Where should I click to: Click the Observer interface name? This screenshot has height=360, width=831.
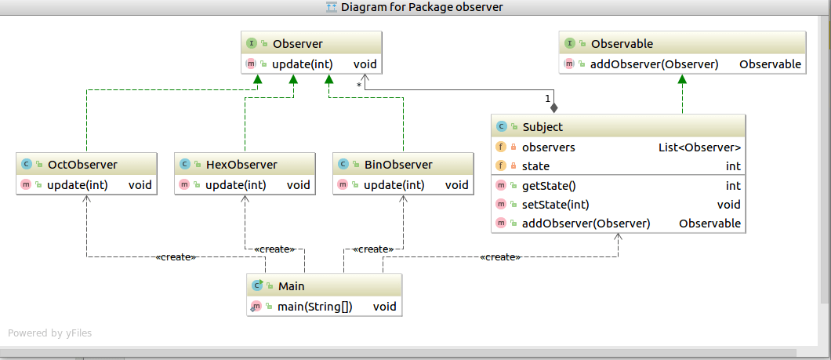pos(297,44)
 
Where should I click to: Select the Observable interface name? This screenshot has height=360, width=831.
pos(622,44)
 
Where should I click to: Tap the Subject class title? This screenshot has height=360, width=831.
pos(543,127)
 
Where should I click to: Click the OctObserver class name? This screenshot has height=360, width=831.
pos(82,165)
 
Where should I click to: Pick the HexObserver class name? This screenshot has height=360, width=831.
pos(241,165)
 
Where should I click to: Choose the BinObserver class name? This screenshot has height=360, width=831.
pos(398,165)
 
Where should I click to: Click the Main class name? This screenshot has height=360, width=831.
pos(291,286)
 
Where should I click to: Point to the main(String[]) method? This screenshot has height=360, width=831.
pos(314,307)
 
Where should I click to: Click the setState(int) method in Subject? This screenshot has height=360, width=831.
pos(555,205)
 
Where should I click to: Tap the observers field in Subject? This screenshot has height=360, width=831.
pos(549,147)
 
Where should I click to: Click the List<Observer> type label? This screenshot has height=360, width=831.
pos(699,147)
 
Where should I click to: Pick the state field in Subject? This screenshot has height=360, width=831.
pos(535,166)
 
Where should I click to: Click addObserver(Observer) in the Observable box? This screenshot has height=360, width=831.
pos(654,64)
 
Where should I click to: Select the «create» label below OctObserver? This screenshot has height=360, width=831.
pos(176,257)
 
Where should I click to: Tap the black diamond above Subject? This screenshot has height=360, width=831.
pos(553,107)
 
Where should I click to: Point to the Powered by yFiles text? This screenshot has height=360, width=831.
pos(49,333)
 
